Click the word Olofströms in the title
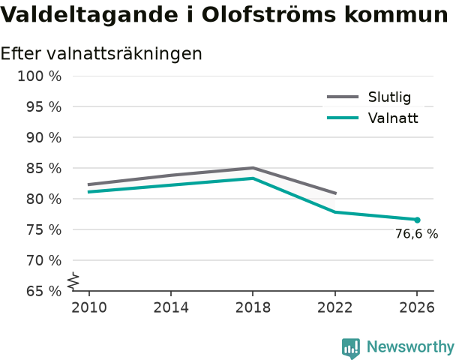tap(269, 14)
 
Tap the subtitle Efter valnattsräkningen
tap(101, 53)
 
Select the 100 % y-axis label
tap(40, 76)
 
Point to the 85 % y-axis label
tap(44, 168)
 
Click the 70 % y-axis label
tap(44, 260)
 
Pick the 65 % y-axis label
tap(44, 291)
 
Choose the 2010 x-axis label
tap(89, 307)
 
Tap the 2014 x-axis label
tap(171, 307)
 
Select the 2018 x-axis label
tap(253, 307)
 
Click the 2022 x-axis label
tap(335, 307)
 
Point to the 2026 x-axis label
tap(417, 307)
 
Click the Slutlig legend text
tap(390, 97)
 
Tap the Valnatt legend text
tap(393, 118)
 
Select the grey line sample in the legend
tap(343, 97)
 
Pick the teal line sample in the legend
tap(343, 118)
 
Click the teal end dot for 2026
tap(417, 220)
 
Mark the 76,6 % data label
tap(417, 234)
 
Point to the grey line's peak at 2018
tap(253, 168)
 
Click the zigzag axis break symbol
tap(73, 281)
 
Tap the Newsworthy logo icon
tap(351, 348)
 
